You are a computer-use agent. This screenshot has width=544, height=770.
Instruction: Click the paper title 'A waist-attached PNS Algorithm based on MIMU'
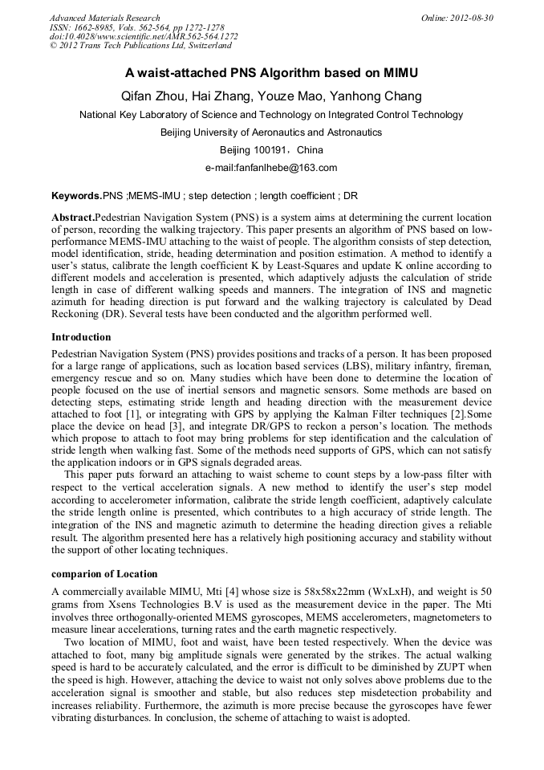pyautogui.click(x=271, y=73)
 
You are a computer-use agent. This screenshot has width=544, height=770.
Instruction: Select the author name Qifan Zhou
pyautogui.click(x=152, y=96)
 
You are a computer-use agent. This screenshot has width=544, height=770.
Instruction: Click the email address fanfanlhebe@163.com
pyautogui.click(x=286, y=168)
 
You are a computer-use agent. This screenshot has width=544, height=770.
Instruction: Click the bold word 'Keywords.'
pyautogui.click(x=77, y=195)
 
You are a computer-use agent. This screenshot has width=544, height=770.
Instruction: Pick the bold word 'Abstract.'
pyautogui.click(x=73, y=218)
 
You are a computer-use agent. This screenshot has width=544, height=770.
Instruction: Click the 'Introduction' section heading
pyautogui.click(x=81, y=336)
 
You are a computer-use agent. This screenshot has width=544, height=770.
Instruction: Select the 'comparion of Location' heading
pyautogui.click(x=104, y=574)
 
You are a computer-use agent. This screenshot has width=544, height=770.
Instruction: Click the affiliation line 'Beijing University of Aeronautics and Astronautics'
pyautogui.click(x=271, y=132)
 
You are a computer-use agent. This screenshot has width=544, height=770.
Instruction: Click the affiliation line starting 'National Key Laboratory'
pyautogui.click(x=271, y=115)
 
